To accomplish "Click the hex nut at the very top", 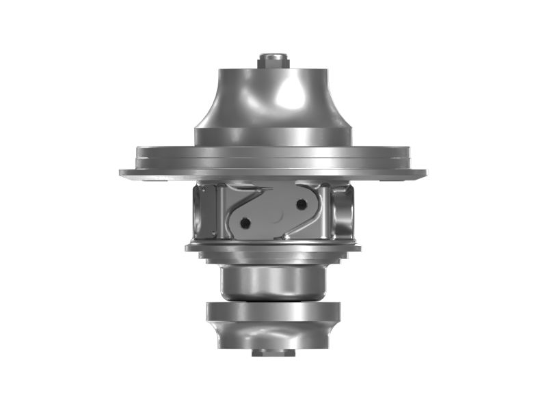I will pyautogui.click(x=273, y=60).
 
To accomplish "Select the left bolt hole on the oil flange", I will pyautogui.click(x=245, y=222).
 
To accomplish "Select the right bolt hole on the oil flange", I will pyautogui.click(x=301, y=204).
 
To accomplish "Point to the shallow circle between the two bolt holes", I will pyautogui.click(x=273, y=213).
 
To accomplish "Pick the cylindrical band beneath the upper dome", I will pyautogui.click(x=273, y=137).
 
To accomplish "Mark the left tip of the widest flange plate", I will pyautogui.click(x=122, y=173).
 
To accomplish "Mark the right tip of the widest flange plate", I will pyautogui.click(x=424, y=173).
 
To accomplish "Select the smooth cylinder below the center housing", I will pyautogui.click(x=273, y=280).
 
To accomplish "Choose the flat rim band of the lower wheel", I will pyautogui.click(x=273, y=312).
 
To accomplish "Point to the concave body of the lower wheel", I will pyautogui.click(x=273, y=335).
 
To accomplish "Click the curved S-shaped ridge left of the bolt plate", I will pyautogui.click(x=229, y=208).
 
